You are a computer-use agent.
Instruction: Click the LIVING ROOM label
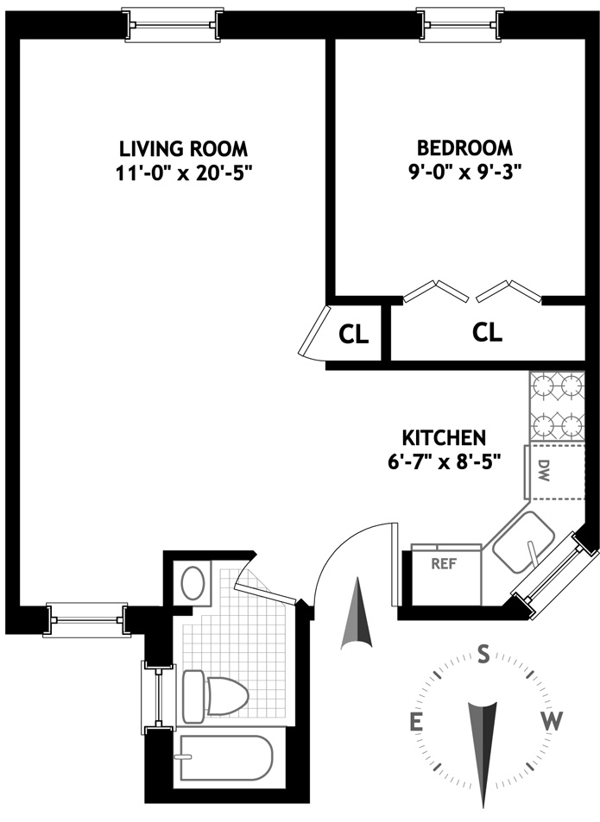pos(183,149)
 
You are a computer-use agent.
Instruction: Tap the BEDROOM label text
pos(464,147)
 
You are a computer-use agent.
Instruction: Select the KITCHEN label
pos(444,437)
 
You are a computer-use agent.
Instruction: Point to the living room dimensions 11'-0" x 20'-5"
pos(183,173)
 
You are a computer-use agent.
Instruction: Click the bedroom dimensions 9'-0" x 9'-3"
pos(464,173)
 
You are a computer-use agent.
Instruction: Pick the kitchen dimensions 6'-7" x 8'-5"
pos(444,461)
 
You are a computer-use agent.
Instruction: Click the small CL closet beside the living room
pos(353,335)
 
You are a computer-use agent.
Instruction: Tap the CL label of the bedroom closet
pos(487,332)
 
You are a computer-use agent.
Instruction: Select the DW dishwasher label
pos(544,471)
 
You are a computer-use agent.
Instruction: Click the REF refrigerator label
pos(444,564)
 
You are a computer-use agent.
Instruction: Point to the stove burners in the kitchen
pos(557,406)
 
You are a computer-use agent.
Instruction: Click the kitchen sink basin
pos(523,542)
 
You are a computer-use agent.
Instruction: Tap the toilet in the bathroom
pos(215,696)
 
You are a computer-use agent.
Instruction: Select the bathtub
pos(226,757)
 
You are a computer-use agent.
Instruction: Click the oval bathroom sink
pos(193,583)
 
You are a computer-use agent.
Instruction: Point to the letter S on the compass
pos(483,655)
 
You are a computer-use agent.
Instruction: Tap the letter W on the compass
pos(552,722)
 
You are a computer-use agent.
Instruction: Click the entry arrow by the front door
pos(357,612)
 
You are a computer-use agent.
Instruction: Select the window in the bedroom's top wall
pos(460,24)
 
